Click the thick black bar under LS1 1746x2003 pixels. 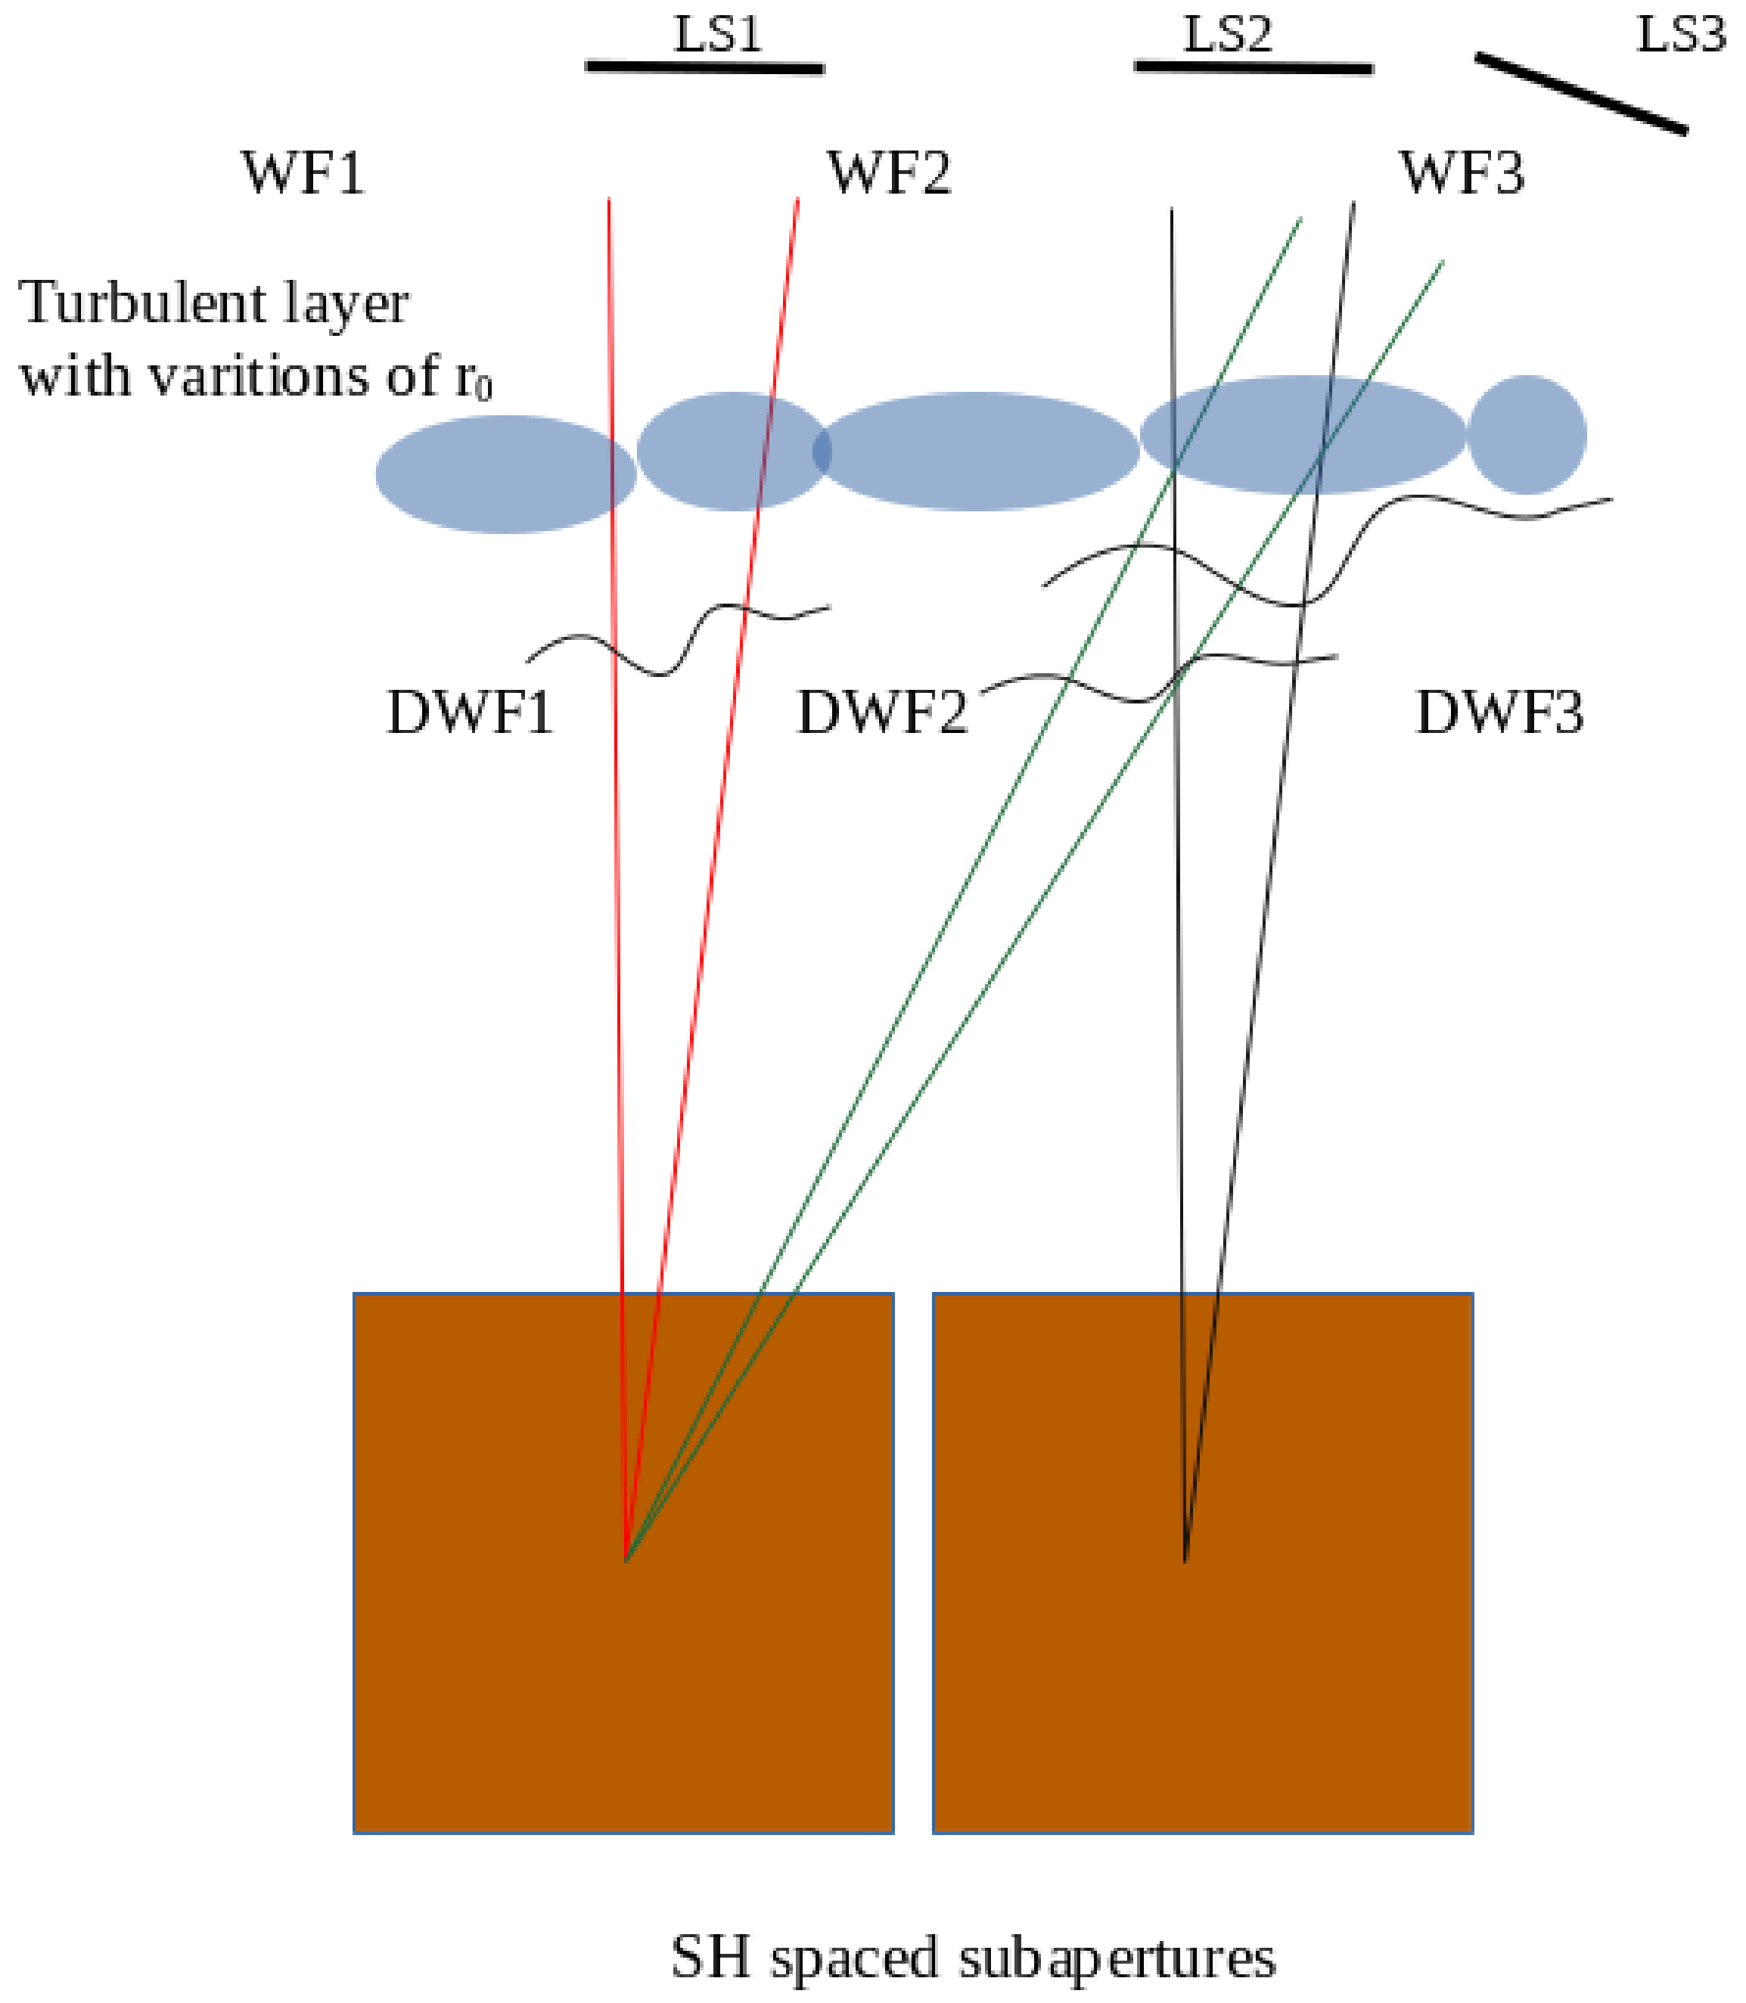[704, 67]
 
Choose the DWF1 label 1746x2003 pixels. [471, 713]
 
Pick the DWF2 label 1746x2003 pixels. [883, 713]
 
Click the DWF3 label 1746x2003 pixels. [1499, 713]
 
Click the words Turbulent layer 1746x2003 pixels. [213, 304]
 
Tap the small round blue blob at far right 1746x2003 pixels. [1526, 434]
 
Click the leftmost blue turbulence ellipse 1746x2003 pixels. [505, 474]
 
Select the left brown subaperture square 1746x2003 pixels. [623, 1564]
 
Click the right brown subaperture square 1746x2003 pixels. [1202, 1564]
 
